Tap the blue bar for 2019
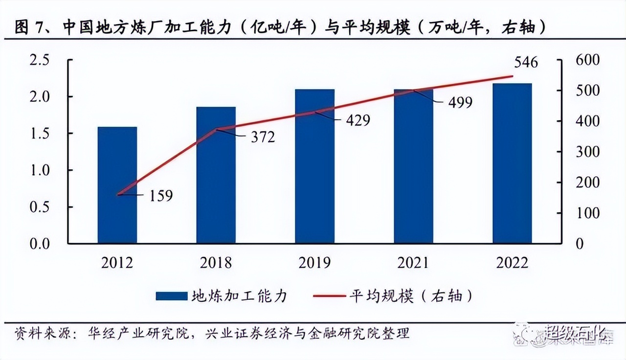[314, 166]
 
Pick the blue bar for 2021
[413, 166]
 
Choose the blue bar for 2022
[512, 163]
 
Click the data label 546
[525, 63]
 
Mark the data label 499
[459, 102]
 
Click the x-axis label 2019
[314, 263]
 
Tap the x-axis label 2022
[512, 263]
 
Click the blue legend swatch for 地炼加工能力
[171, 296]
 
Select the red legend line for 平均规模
[327, 296]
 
